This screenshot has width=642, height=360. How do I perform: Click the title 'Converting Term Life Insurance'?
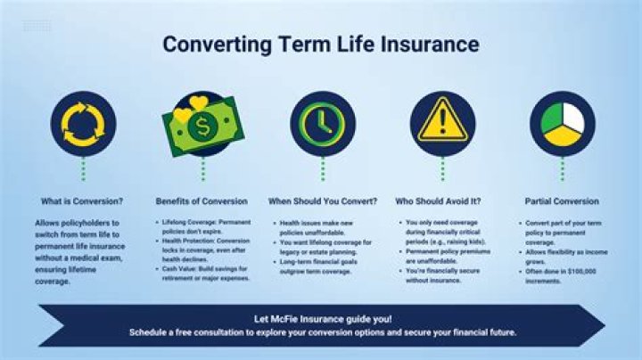point(320,45)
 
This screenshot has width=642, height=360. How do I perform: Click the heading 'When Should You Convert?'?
point(323,201)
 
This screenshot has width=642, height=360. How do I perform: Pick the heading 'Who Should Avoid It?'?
point(443,201)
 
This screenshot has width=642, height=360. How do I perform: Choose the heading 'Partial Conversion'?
point(562,201)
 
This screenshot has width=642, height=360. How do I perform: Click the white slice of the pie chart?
point(572,117)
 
